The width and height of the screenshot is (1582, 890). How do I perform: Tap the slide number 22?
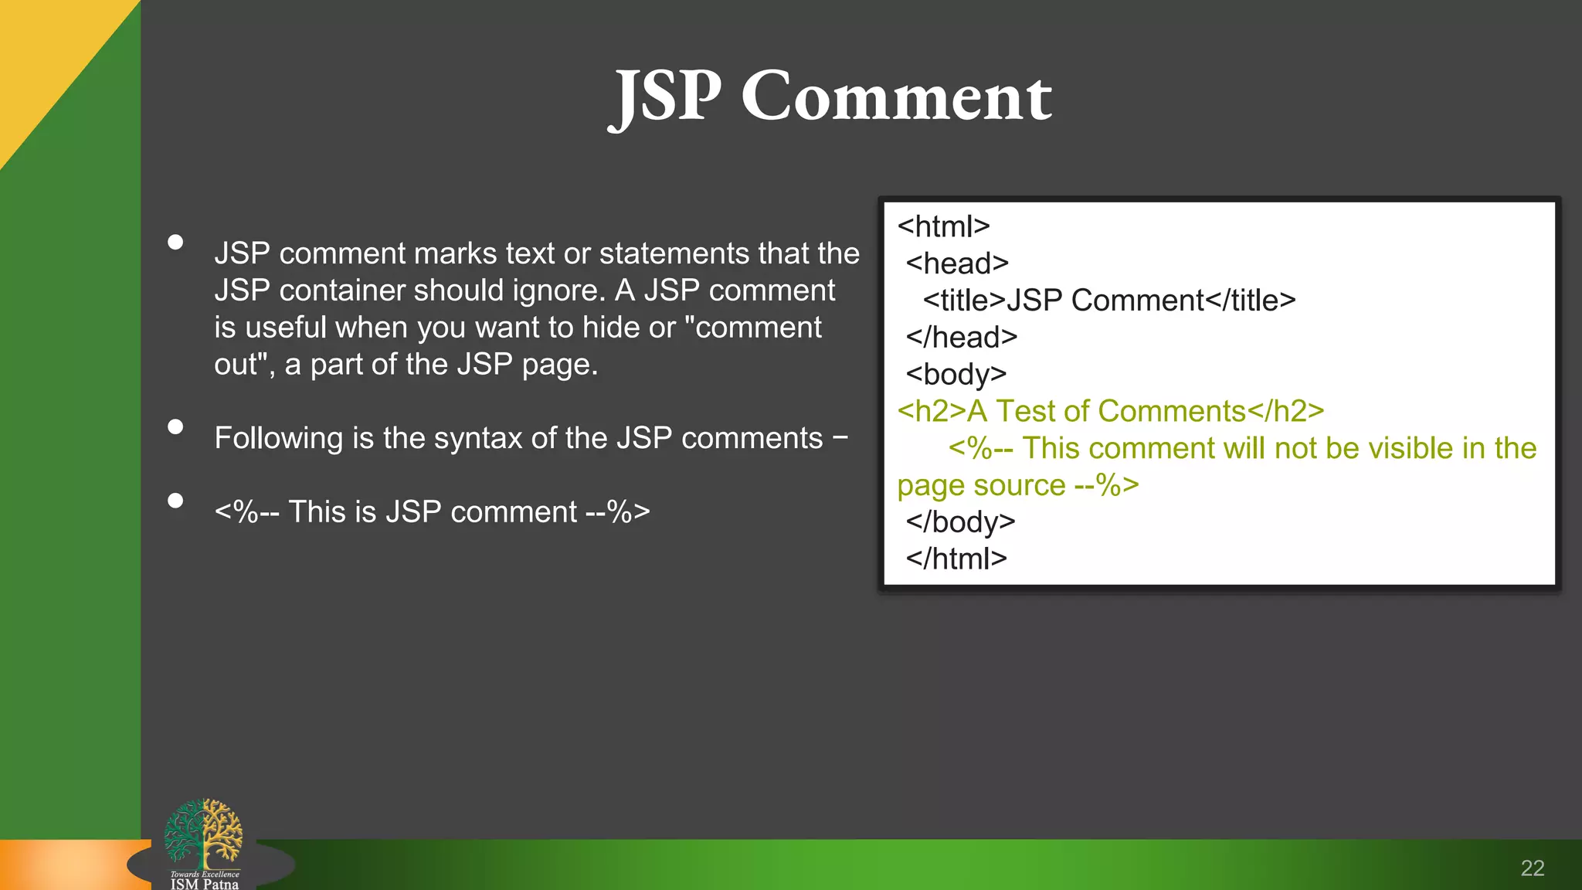coord(1532,868)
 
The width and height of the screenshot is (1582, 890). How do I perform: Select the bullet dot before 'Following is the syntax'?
coord(175,427)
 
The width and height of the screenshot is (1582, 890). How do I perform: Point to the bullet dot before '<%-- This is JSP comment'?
coord(175,501)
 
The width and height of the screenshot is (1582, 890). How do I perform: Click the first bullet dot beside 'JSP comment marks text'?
coord(175,243)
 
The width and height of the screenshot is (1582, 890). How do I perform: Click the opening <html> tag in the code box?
coord(943,226)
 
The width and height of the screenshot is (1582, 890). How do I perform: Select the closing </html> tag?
coord(956,559)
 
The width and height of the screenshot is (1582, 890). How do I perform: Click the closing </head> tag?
coord(962,338)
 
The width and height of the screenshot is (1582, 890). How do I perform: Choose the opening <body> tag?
coord(956,375)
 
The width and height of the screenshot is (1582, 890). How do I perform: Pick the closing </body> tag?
coord(960,521)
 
